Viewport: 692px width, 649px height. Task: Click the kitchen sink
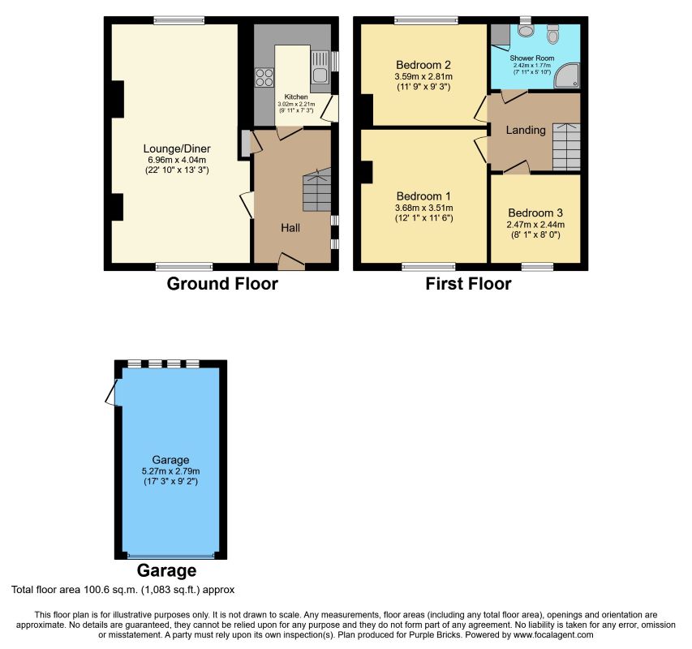[320, 67]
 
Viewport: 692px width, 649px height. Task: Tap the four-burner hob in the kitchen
[264, 77]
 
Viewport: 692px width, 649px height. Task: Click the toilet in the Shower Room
[552, 33]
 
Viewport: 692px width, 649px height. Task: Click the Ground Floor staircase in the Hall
[317, 190]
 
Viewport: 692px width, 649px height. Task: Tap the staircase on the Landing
[567, 147]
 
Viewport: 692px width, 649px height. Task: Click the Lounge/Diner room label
[177, 148]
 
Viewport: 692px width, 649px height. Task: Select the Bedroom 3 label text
[535, 213]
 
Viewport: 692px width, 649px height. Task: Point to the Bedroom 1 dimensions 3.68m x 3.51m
[423, 208]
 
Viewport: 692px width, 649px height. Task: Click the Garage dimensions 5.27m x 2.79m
[170, 471]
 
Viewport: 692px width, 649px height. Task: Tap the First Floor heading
[468, 284]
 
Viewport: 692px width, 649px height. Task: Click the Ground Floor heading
[222, 284]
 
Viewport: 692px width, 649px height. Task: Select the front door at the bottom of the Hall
[291, 260]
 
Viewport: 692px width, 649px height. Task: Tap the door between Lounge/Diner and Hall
[247, 204]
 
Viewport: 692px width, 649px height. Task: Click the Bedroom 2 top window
[427, 19]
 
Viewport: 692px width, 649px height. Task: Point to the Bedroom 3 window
[537, 266]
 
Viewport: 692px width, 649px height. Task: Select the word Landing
[526, 130]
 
